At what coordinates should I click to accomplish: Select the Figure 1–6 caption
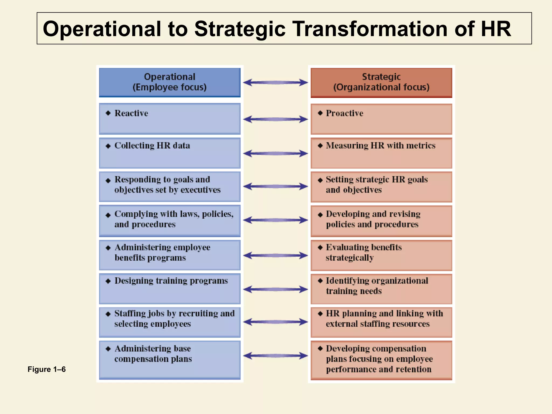[47, 369]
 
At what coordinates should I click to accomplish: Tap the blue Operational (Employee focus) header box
[170, 82]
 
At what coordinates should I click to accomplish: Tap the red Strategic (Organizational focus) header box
[381, 82]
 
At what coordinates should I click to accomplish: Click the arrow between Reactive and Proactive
[275, 119]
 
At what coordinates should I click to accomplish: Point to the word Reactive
[131, 113]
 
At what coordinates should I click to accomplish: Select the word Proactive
[344, 113]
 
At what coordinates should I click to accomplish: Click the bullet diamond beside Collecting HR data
[108, 146]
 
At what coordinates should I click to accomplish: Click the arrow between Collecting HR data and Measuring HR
[275, 153]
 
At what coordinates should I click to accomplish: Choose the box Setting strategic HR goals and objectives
[381, 187]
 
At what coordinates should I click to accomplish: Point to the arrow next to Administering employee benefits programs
[275, 255]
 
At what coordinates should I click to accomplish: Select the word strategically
[350, 258]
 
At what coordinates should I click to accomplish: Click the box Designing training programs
[170, 289]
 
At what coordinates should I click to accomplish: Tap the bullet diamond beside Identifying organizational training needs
[320, 281]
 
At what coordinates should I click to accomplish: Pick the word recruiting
[198, 313]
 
